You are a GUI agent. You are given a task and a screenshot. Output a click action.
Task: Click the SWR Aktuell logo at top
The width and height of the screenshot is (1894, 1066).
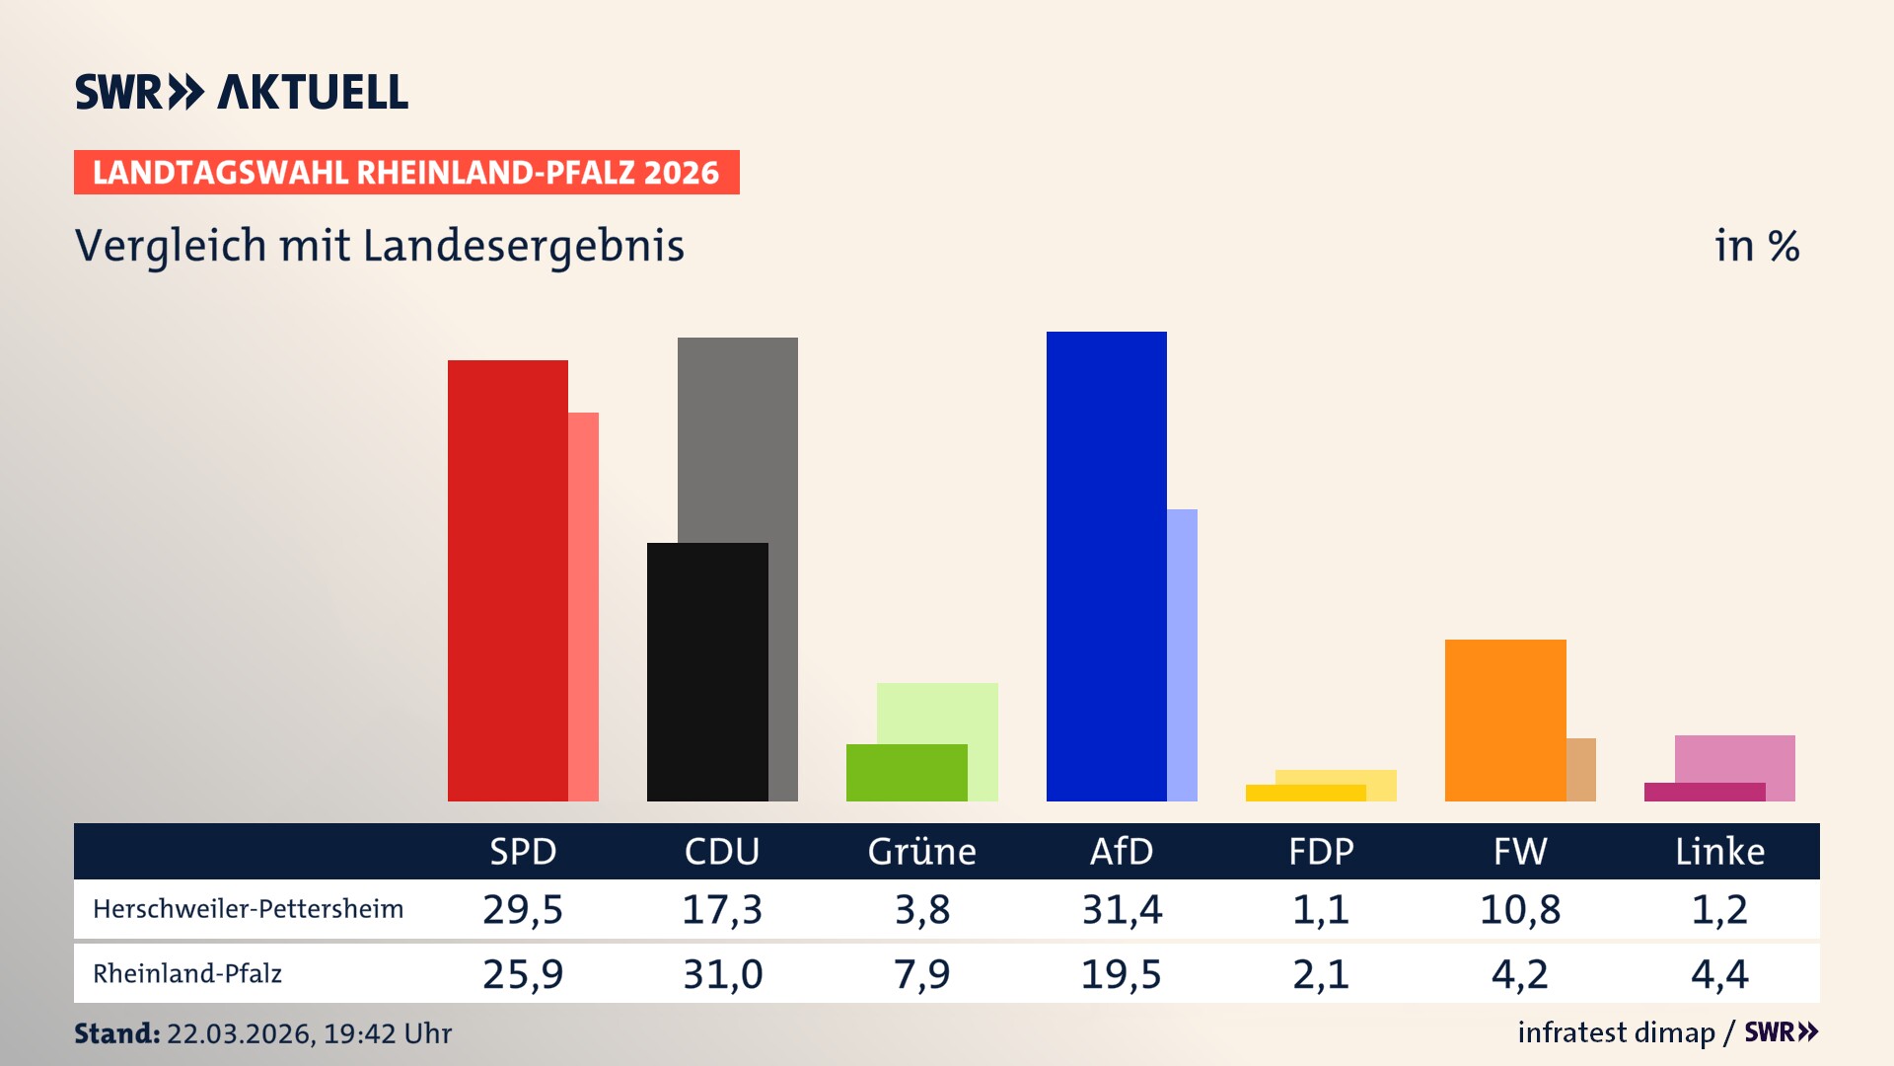pyautogui.click(x=241, y=92)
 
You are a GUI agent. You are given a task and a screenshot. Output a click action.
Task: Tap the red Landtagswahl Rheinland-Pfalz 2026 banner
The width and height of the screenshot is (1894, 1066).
pyautogui.click(x=406, y=173)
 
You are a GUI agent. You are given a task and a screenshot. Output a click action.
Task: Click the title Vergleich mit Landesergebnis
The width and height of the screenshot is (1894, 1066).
pyautogui.click(x=379, y=246)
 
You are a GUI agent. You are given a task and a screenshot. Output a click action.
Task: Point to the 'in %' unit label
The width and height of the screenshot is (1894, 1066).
pyautogui.click(x=1756, y=246)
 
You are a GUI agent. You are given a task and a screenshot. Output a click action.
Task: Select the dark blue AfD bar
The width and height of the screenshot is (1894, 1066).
pyautogui.click(x=1106, y=567)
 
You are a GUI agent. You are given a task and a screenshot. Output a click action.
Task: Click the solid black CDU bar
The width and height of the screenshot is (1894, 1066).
pyautogui.click(x=707, y=671)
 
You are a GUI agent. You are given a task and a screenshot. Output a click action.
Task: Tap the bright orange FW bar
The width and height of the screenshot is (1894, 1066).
pyautogui.click(x=1504, y=721)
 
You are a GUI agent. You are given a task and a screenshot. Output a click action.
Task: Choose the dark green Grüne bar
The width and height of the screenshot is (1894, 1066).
pyautogui.click(x=906, y=773)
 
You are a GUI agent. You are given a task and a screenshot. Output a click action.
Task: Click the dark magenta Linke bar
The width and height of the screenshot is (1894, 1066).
pyautogui.click(x=1704, y=792)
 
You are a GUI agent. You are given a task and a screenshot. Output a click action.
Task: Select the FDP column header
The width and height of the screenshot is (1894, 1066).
pyautogui.click(x=1321, y=852)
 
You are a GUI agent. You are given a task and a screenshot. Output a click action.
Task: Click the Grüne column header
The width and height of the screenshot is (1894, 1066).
pyautogui.click(x=921, y=852)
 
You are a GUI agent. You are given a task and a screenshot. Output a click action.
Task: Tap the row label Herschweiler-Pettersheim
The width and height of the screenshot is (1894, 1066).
pyautogui.click(x=248, y=909)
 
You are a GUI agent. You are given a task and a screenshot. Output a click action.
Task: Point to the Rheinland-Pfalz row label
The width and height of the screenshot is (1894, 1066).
pyautogui.click(x=187, y=974)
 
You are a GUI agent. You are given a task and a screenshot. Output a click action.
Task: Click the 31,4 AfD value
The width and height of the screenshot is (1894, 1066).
pyautogui.click(x=1122, y=909)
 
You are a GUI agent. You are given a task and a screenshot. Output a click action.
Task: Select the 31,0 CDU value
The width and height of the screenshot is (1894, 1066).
pyautogui.click(x=722, y=974)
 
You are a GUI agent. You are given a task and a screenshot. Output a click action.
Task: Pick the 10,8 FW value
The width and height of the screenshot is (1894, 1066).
pyautogui.click(x=1520, y=909)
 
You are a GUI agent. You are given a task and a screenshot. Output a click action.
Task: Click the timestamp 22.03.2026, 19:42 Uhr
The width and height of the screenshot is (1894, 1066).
pyautogui.click(x=309, y=1033)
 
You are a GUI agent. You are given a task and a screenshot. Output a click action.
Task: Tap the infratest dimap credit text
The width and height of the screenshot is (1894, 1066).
pyautogui.click(x=1616, y=1032)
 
